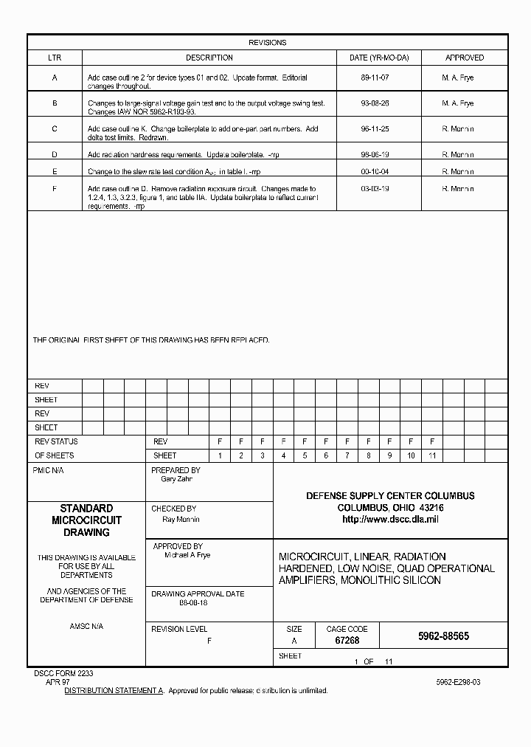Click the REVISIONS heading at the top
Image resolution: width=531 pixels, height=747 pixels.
coord(267,43)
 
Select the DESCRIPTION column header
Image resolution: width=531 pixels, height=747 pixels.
coord(209,58)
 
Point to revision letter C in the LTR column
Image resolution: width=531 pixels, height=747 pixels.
coord(55,129)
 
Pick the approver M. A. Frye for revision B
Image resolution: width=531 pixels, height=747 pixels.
coord(457,103)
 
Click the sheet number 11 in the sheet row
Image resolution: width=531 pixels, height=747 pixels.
coord(432,455)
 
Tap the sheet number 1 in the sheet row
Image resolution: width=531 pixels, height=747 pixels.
coord(220,455)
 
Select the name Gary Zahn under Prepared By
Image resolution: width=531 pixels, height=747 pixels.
coord(176,479)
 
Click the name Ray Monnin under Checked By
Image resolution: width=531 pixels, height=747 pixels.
coord(181,519)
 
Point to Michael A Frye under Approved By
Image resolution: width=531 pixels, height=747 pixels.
coord(187,555)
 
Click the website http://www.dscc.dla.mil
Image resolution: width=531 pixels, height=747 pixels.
coord(390,520)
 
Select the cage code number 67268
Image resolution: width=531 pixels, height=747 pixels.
coord(347,641)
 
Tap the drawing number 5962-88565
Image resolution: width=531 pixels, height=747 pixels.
coord(443,636)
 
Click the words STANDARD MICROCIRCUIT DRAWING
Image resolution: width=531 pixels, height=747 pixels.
coord(86,520)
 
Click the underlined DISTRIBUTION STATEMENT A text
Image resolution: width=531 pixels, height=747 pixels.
coord(114,691)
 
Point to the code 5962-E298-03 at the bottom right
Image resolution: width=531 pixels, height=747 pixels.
coord(458,683)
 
